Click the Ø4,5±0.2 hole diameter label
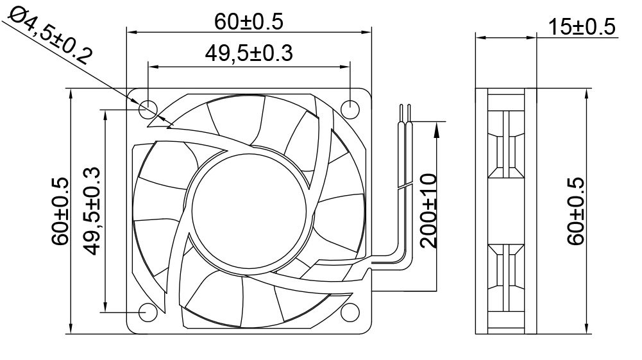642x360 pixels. tap(48, 35)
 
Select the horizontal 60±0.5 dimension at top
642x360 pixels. tap(249, 22)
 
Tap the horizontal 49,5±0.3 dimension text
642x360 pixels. tap(249, 54)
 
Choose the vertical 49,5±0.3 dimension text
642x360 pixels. tap(92, 210)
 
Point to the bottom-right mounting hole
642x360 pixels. tap(350, 312)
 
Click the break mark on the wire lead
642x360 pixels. tap(405, 187)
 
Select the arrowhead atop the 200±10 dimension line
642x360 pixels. tap(437, 128)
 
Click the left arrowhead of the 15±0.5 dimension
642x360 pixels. tap(480, 37)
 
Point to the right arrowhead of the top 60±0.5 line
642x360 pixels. tap(367, 30)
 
